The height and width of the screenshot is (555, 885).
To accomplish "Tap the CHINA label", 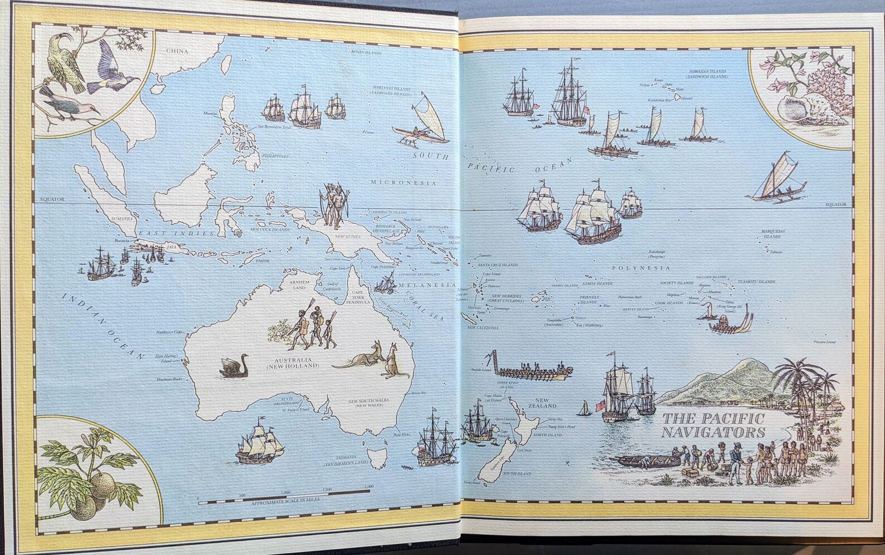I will [x=177, y=51].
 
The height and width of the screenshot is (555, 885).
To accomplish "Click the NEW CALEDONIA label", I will [x=483, y=328].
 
